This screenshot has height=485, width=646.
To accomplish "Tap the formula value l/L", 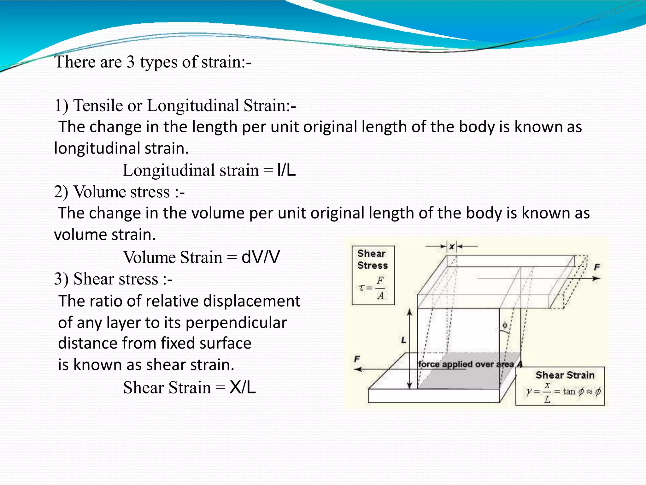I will (x=286, y=171).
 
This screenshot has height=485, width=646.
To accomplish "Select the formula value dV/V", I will (x=261, y=257).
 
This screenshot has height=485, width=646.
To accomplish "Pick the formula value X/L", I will (x=243, y=387).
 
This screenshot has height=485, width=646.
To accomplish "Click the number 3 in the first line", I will (x=131, y=62).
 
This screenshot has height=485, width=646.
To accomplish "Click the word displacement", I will (x=251, y=301).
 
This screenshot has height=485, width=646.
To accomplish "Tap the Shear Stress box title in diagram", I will (x=373, y=260).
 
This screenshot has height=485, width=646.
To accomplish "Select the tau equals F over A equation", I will (x=373, y=288).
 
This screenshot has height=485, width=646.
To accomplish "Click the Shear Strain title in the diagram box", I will (x=565, y=375).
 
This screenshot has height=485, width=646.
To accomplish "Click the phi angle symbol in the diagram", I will (x=505, y=325).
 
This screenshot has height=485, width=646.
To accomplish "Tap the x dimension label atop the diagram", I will (x=452, y=247).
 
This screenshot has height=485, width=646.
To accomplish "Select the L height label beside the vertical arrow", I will (x=403, y=340).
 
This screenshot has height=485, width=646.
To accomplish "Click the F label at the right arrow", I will (x=597, y=267).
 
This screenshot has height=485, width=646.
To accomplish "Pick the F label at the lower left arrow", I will (x=357, y=359).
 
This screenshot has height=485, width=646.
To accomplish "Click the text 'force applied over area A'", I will (x=470, y=364).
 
